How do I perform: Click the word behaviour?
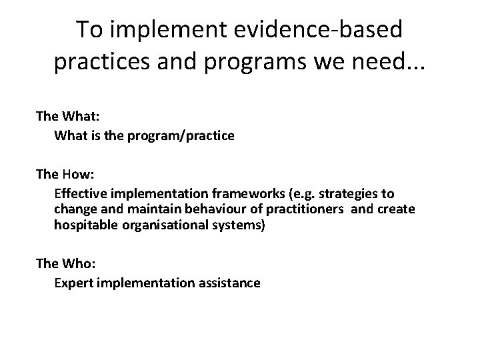point(195,210)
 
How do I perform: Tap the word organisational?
point(153,226)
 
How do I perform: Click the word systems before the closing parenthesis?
point(221,226)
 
